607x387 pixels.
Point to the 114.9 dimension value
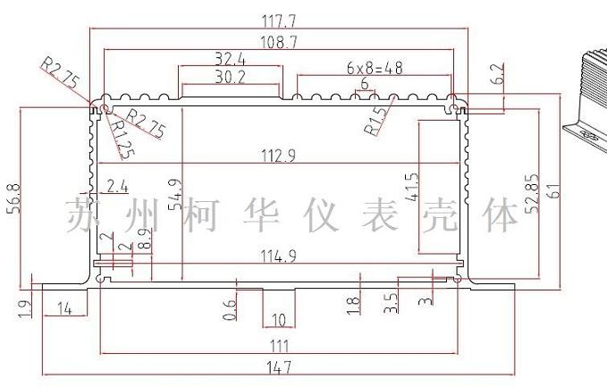coord(278,256)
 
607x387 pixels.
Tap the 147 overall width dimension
coord(279,367)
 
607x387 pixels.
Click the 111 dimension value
coord(279,345)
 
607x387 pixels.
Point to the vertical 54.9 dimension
coord(175,199)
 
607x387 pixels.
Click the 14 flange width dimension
coord(64,309)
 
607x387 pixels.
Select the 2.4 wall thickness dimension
coord(117,187)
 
